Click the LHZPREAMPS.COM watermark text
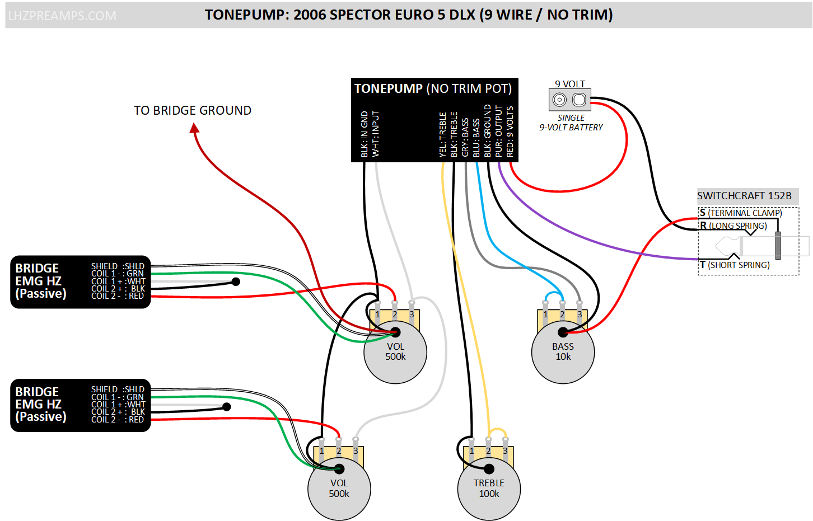[x=62, y=16]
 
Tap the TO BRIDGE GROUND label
[x=193, y=110]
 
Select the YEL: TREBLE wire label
[x=443, y=135]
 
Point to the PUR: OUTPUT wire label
[x=499, y=132]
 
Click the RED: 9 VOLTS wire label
[x=510, y=132]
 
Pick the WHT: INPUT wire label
[x=376, y=134]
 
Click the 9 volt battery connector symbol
[x=569, y=100]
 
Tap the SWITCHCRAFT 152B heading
[x=744, y=196]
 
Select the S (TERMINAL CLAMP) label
[x=741, y=213]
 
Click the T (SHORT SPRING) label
[x=735, y=265]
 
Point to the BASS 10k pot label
[x=563, y=351]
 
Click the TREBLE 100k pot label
[x=489, y=489]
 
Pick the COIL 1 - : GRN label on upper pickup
[x=118, y=274]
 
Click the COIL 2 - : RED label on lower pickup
[x=118, y=419]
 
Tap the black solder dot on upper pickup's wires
[x=236, y=281]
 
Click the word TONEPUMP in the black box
[x=389, y=88]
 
